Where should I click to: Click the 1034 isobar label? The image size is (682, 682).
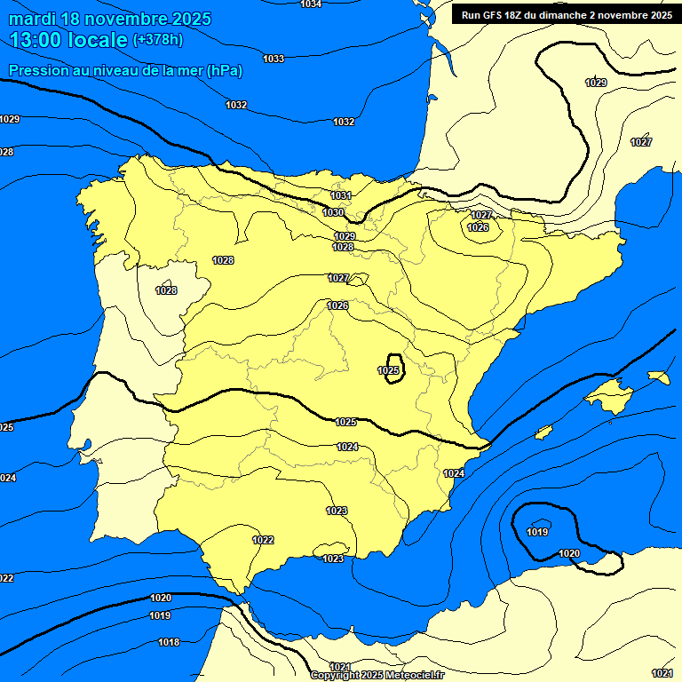pos(311,4)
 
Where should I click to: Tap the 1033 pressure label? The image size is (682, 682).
pos(274,59)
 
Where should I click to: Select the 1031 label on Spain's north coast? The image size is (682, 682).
pos(340,195)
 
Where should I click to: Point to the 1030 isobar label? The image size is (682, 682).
pos(333,212)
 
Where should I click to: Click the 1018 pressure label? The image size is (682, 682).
pos(169,642)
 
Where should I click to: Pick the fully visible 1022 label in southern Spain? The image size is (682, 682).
pos(263,540)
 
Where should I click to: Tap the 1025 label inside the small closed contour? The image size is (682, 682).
pos(388,370)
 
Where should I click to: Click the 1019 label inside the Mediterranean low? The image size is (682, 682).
pos(537,532)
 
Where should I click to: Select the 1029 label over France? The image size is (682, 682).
pos(596,83)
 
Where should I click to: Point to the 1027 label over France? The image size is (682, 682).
pos(641,142)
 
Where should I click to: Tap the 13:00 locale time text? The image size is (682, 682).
pos(68,40)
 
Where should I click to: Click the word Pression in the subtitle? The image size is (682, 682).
pos(39,71)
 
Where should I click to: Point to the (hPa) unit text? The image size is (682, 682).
pos(224,71)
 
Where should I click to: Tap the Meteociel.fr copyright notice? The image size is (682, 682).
pos(377,675)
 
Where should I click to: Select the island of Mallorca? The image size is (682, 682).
pos(609,393)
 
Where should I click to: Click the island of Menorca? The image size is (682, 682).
pos(658,377)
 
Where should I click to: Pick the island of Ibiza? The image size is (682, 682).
pos(543,432)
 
